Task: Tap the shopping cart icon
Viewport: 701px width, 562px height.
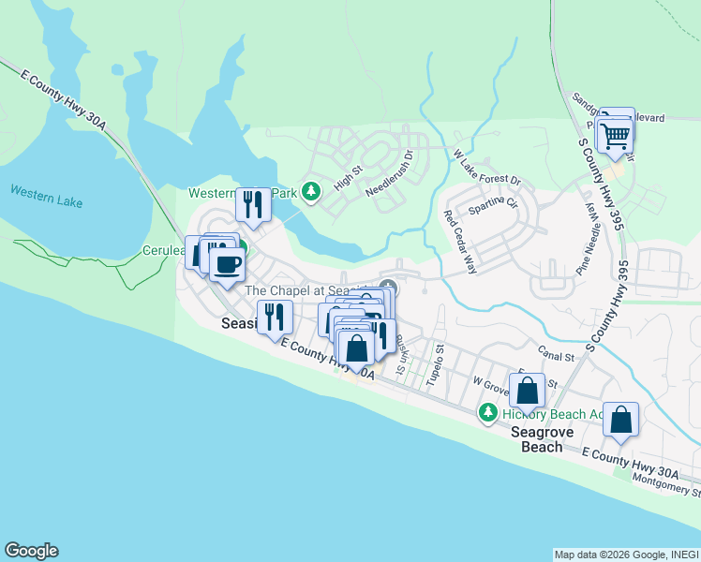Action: tap(616, 136)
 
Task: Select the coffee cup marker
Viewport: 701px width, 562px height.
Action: tap(226, 264)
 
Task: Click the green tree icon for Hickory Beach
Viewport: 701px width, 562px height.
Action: tap(487, 412)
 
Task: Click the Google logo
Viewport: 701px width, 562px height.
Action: tap(31, 551)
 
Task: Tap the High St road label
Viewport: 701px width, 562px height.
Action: tap(348, 175)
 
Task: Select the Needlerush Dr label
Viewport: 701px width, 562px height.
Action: tap(389, 173)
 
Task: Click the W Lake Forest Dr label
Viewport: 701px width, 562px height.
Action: tap(486, 167)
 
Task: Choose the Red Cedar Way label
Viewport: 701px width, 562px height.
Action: tap(460, 242)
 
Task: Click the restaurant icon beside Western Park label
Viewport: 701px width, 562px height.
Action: tap(253, 203)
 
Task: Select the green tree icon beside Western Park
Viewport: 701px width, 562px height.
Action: tap(311, 193)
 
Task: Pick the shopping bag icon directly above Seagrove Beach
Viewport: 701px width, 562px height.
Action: tap(528, 391)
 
